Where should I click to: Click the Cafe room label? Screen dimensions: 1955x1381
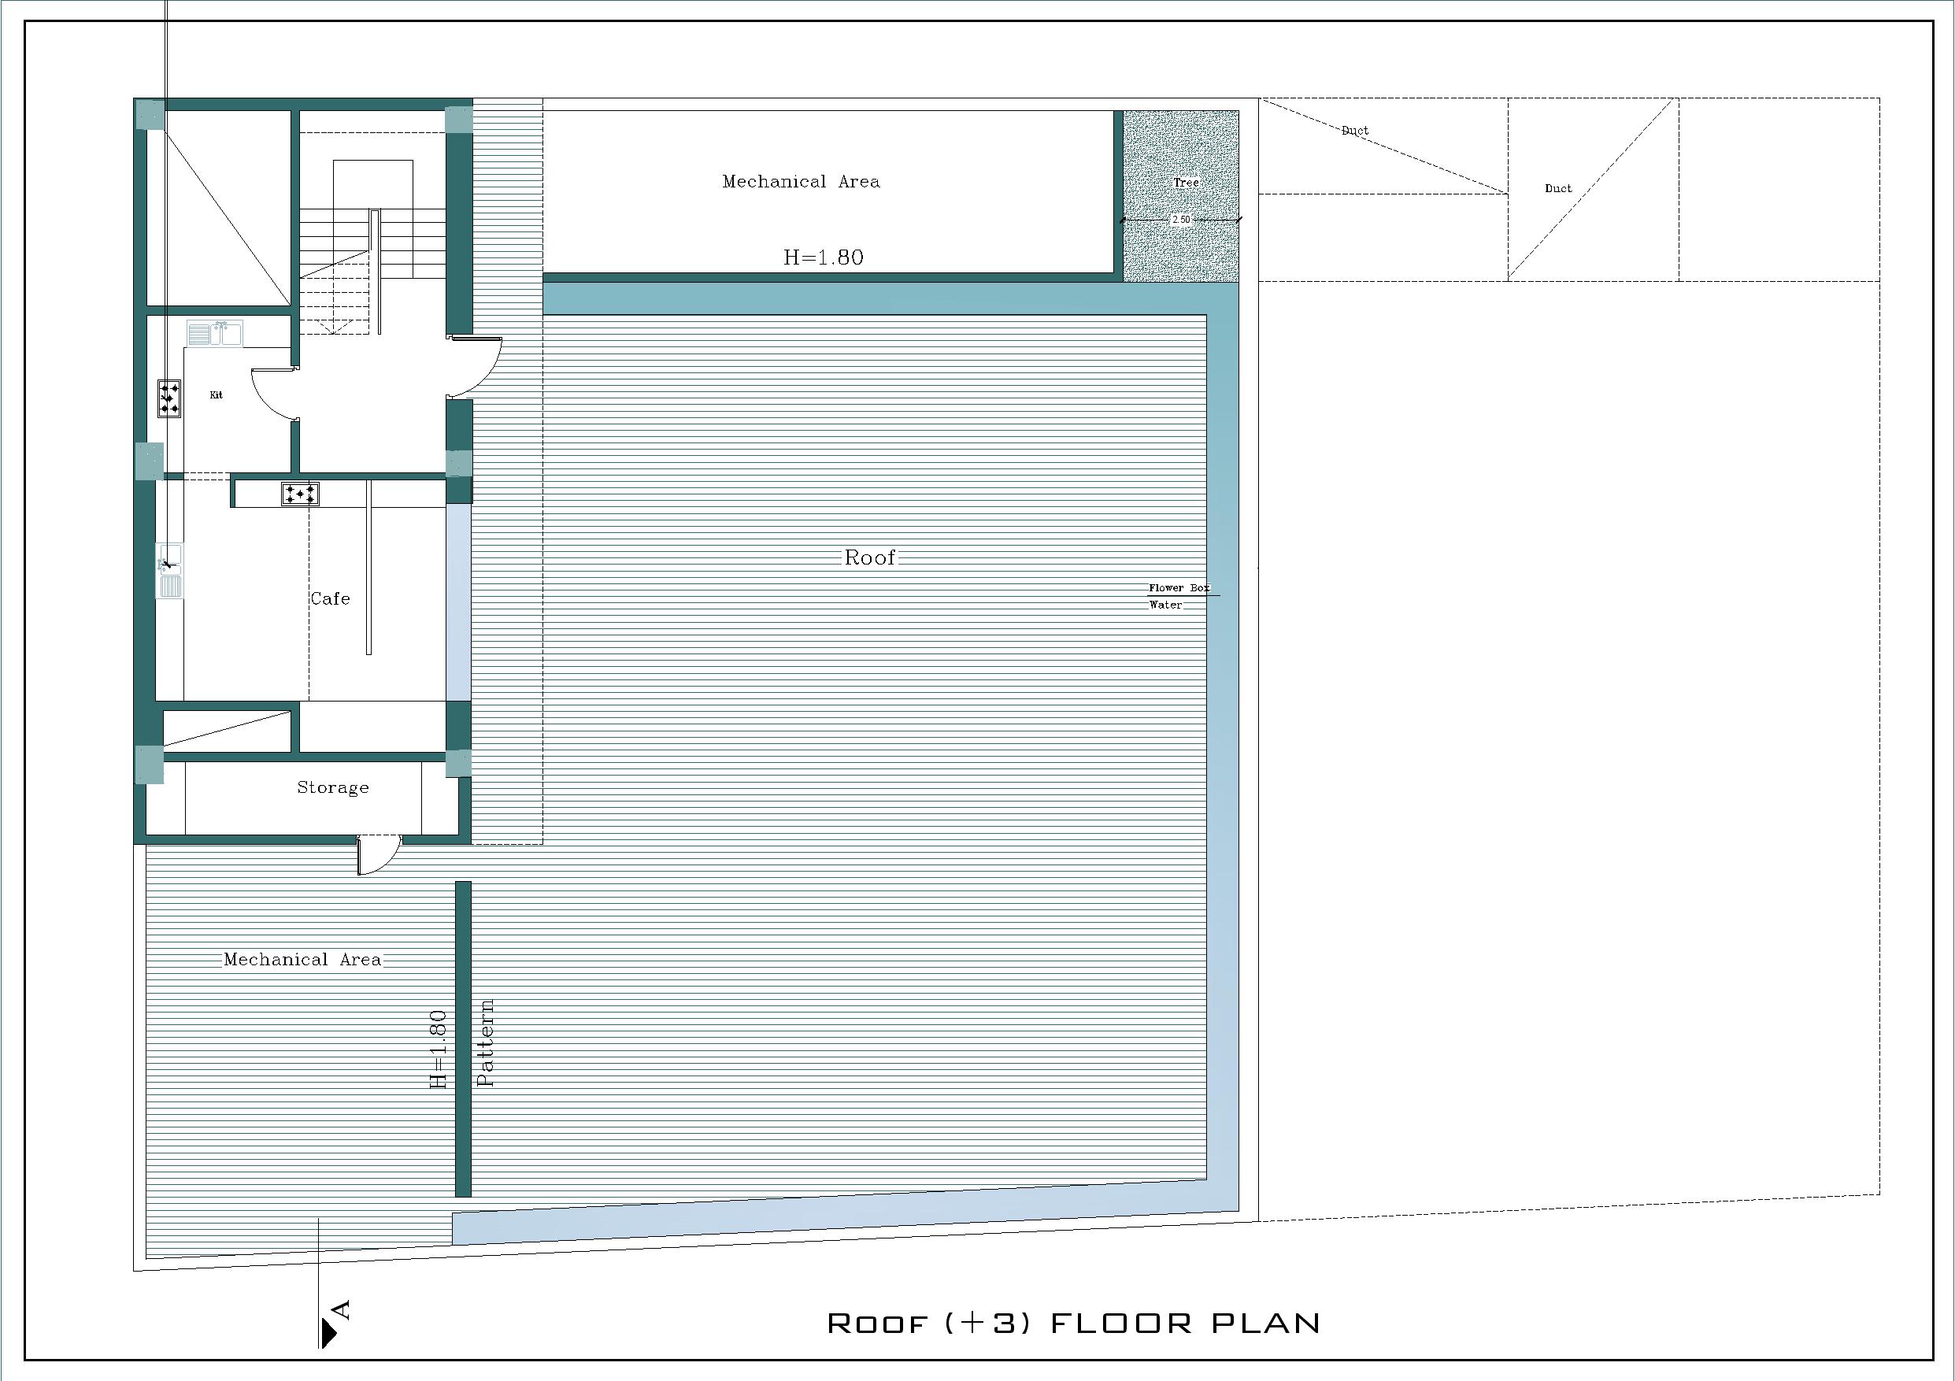[331, 598]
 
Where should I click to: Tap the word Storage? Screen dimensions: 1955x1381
[333, 787]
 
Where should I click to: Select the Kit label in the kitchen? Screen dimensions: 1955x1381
[217, 395]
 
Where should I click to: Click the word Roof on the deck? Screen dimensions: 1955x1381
[869, 557]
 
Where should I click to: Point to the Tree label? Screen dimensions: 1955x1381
[1186, 182]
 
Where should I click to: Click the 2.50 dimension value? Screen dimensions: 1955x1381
[1181, 220]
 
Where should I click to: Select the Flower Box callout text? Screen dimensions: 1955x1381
[1179, 587]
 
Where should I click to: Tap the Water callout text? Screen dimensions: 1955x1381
[1165, 605]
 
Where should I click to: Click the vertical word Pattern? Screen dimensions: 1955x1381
[485, 1043]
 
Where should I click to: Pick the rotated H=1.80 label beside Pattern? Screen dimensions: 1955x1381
[438, 1050]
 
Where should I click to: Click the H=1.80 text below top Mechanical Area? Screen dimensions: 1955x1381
[824, 257]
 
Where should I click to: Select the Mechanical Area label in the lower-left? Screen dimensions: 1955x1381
[302, 960]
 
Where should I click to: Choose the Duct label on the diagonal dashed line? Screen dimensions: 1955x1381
[1355, 130]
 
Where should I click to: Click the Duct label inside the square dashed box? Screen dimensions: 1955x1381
[1558, 188]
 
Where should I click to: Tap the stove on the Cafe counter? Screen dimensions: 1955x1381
[301, 494]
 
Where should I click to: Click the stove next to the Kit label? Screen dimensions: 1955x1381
[169, 398]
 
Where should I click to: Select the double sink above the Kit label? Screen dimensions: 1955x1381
[215, 333]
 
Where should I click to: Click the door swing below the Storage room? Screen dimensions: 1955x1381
[378, 855]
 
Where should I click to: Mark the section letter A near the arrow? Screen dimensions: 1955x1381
[342, 1309]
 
